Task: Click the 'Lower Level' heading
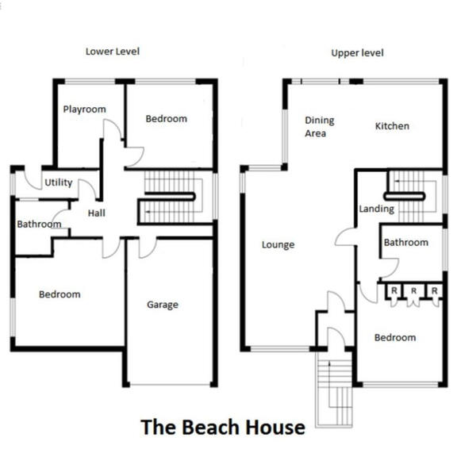click(113, 52)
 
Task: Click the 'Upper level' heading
click(357, 53)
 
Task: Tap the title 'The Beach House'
click(222, 428)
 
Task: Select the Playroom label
click(84, 109)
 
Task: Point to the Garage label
click(162, 305)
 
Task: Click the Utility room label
click(58, 182)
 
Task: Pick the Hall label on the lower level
click(96, 213)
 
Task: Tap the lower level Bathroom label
click(39, 225)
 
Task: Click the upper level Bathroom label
click(405, 243)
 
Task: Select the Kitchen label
click(392, 126)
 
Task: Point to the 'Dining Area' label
click(320, 127)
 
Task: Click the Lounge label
click(278, 245)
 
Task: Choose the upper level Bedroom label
click(394, 337)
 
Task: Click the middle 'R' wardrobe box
click(413, 291)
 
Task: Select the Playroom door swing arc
click(113, 129)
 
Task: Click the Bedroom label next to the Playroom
click(166, 119)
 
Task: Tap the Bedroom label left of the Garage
click(60, 294)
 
